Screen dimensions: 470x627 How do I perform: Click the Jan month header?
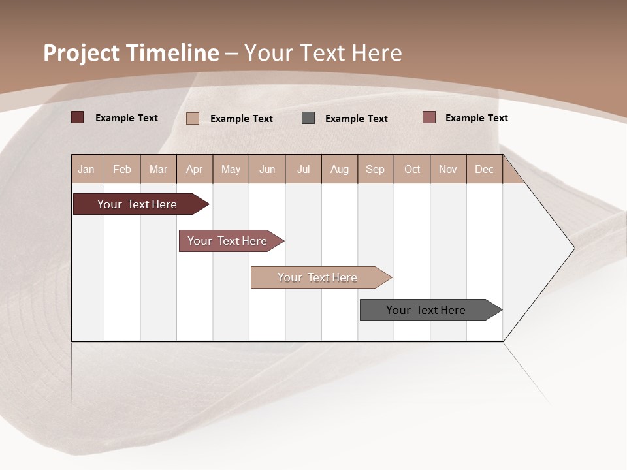87,169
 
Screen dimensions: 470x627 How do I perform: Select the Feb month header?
122,169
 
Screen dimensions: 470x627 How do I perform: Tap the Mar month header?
158,169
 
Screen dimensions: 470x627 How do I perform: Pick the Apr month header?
195,169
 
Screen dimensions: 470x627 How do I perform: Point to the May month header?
231,169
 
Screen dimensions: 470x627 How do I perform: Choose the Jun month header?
267,169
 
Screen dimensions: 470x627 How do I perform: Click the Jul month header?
303,169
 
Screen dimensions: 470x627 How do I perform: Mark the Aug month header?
340,169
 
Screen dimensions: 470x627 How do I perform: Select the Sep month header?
376,169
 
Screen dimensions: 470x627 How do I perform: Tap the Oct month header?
412,169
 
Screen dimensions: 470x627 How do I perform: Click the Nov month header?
448,169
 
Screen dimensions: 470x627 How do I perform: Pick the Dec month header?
485,169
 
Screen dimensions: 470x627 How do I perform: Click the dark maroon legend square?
78,117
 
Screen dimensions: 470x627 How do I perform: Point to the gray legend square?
308,118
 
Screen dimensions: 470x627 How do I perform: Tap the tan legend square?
193,118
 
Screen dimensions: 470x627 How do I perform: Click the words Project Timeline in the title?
131,53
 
